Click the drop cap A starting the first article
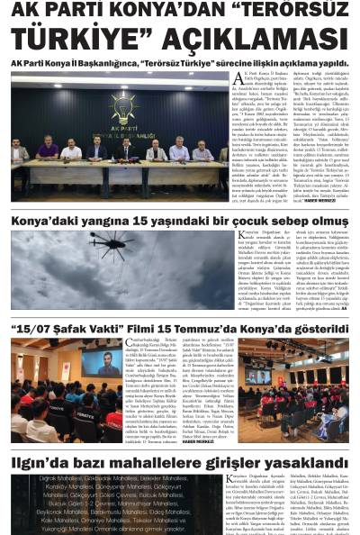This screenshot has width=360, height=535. (x=238, y=78)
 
